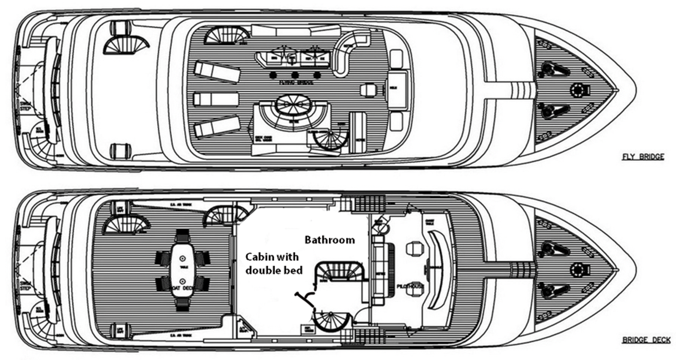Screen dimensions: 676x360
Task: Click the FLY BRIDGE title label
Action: tap(643, 157)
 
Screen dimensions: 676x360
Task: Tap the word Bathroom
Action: tap(330, 240)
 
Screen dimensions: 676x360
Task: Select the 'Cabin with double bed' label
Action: tap(274, 263)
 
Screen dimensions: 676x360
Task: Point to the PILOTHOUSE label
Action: tap(410, 286)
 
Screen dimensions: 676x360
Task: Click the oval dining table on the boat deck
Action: tap(183, 270)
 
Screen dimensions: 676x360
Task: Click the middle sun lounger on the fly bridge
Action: tap(216, 100)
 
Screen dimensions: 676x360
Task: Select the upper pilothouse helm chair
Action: tap(413, 248)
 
